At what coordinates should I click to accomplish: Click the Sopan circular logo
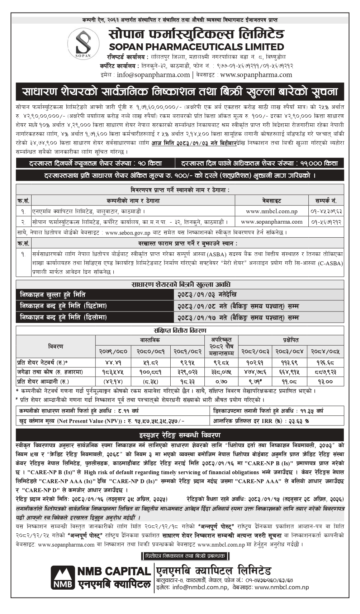coord(84,44)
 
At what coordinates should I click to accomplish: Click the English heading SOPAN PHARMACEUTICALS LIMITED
coord(196,47)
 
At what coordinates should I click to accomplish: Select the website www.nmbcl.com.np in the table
coord(271,211)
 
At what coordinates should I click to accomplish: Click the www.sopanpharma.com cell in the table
coord(271,222)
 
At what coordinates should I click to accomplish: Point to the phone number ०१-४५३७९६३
coord(326,211)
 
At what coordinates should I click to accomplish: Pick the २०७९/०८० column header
coord(113,352)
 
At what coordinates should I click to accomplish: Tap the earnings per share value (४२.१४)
coord(113,382)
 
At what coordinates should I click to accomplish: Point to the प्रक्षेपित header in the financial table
coord(290,340)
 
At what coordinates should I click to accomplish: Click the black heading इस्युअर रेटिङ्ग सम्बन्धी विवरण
coord(180,435)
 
